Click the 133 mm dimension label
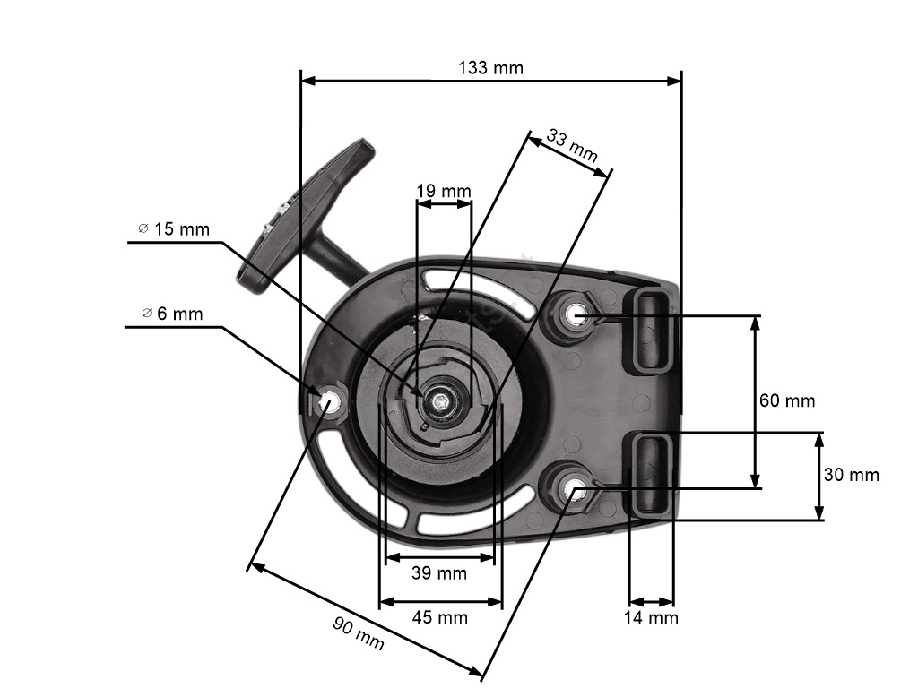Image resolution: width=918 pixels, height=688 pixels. [x=490, y=68]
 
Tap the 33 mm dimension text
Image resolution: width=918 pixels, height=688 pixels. [x=572, y=146]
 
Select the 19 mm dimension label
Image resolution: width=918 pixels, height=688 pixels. [x=444, y=192]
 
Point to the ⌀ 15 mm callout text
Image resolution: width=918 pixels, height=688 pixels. [x=174, y=228]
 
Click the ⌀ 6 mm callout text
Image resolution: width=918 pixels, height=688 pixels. [x=173, y=314]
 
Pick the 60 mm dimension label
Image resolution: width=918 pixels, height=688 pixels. [x=787, y=400]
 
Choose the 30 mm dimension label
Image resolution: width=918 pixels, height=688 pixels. [x=852, y=475]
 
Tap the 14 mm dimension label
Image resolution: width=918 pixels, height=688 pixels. [x=651, y=618]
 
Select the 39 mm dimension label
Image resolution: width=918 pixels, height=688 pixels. [x=439, y=572]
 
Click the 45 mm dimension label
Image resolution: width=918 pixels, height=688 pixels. [x=439, y=617]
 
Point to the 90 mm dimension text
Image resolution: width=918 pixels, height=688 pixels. [x=359, y=633]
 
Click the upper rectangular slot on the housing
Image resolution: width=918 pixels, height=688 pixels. [x=652, y=331]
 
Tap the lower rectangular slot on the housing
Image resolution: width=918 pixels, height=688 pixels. [x=651, y=474]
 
